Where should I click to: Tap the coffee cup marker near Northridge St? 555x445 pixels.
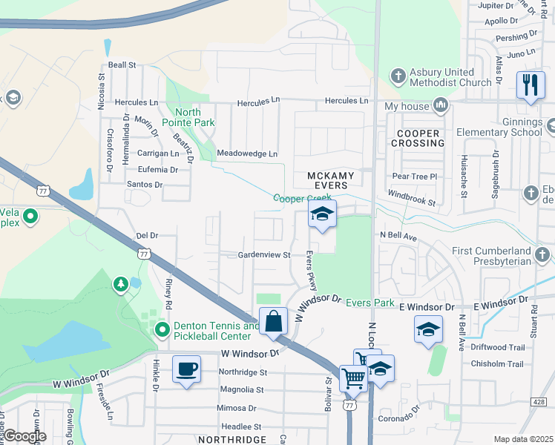point(186,369)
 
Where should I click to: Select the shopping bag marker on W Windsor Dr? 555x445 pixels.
point(273,321)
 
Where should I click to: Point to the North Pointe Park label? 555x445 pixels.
point(197,117)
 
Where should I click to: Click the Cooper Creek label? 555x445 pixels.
point(301,198)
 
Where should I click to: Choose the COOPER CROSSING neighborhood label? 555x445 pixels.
point(420,138)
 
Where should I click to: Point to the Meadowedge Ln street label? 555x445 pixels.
point(246,154)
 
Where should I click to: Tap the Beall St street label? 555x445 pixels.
point(122,65)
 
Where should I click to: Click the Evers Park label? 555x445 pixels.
point(370,303)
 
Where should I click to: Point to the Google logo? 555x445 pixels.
point(24,436)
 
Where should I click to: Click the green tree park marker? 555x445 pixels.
point(120,284)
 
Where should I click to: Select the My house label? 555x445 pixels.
point(407,106)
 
